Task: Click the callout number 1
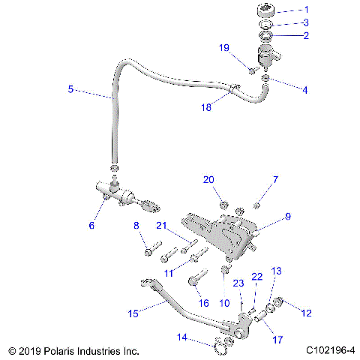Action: pyautogui.click(x=305, y=10)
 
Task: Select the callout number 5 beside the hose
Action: pyautogui.click(x=70, y=89)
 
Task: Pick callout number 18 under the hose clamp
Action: pyautogui.click(x=205, y=108)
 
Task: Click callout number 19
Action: pyautogui.click(x=223, y=48)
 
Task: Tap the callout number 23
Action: pyautogui.click(x=239, y=283)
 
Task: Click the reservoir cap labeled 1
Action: pyautogui.click(x=266, y=10)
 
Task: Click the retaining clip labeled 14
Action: pyautogui.click(x=219, y=346)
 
